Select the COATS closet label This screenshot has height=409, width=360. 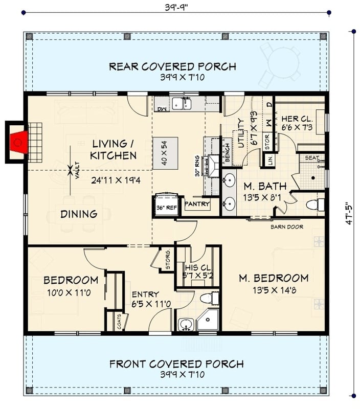tap(119, 321)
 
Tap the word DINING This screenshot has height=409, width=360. tap(79, 214)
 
